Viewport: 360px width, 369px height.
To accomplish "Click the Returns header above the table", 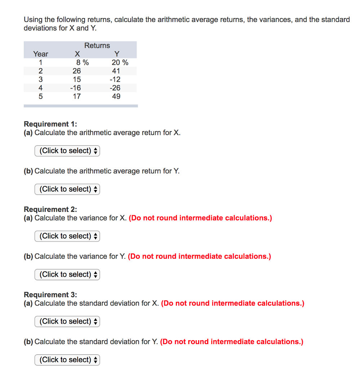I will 97,45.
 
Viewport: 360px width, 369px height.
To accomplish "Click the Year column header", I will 40,54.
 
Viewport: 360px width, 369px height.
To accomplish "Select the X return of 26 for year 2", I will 76,71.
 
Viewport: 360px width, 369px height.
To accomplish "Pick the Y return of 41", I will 116,71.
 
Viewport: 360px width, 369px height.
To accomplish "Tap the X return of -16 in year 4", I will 76,88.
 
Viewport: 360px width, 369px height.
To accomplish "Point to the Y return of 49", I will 116,96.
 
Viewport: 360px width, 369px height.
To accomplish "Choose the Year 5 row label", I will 40,96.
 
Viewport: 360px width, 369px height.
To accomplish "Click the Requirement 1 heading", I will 50,124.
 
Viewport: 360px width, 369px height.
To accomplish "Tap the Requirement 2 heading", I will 50,209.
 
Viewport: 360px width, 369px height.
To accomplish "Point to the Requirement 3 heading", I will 50,295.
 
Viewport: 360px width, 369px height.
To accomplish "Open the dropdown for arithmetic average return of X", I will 67,151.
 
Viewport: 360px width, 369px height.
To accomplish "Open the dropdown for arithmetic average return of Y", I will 67,189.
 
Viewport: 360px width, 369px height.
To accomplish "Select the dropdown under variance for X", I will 67,236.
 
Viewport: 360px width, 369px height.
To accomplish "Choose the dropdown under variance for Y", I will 67,275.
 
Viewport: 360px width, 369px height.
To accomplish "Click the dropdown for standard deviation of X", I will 67,321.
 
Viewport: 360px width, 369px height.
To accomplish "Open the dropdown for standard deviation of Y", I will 67,360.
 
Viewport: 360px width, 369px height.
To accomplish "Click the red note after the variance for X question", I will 200,218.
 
